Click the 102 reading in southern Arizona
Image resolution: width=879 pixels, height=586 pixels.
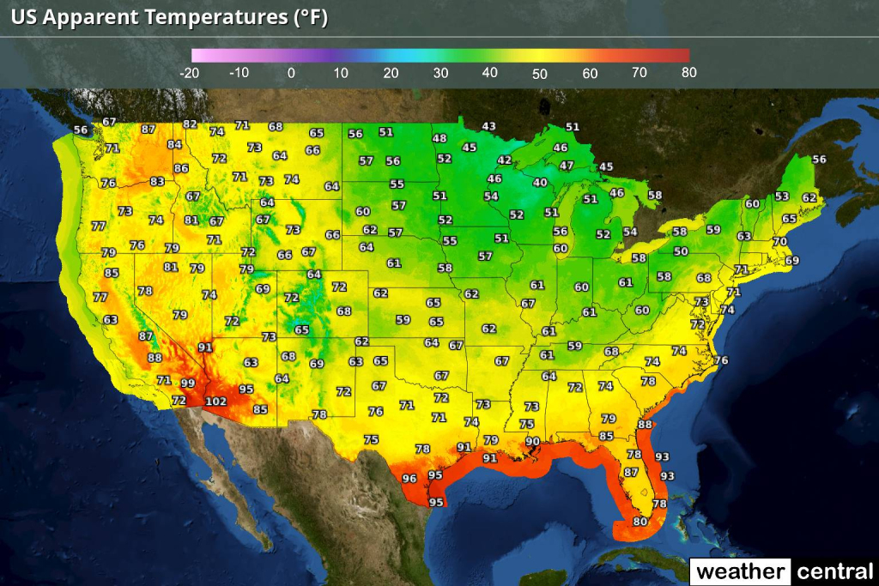click(215, 402)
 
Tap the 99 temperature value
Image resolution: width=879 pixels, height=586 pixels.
click(187, 384)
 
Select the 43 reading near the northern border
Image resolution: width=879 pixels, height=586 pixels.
click(488, 126)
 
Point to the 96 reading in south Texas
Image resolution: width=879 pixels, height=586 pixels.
click(409, 479)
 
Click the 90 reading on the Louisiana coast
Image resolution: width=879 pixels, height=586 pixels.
click(532, 441)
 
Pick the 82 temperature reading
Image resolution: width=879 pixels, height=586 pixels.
click(190, 124)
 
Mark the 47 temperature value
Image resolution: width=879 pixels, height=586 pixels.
click(567, 165)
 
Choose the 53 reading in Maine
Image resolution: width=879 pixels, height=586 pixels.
click(781, 196)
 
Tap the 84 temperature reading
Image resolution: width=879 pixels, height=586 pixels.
click(174, 145)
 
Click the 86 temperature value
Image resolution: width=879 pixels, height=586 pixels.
click(181, 168)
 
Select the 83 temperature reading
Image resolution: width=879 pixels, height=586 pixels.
click(157, 182)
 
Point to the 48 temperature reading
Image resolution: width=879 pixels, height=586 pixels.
click(439, 138)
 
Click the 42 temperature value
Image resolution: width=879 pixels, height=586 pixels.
click(505, 160)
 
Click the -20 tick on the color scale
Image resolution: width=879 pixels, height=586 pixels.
click(190, 74)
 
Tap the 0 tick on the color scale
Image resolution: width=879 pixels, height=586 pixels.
click(291, 74)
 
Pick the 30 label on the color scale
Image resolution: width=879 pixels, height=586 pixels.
click(440, 74)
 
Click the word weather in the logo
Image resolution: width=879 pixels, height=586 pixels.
click(740, 571)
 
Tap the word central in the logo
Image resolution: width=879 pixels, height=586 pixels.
click(834, 571)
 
